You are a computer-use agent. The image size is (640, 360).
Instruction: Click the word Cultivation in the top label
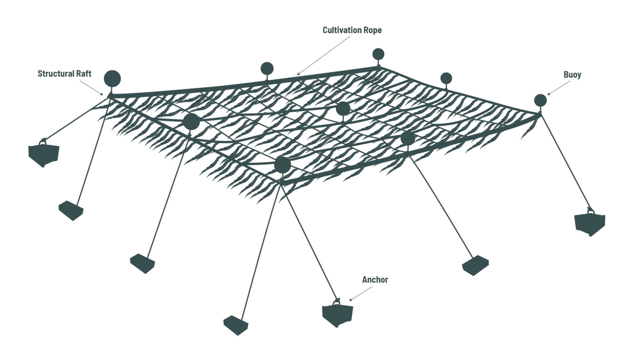[340, 30]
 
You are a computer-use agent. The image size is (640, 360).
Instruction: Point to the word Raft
[84, 74]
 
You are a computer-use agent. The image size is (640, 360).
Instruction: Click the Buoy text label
[572, 75]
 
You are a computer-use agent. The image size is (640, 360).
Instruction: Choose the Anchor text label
[375, 280]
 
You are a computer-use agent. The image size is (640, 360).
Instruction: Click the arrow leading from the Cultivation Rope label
[324, 56]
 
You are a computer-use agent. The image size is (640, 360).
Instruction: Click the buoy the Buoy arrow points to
[540, 100]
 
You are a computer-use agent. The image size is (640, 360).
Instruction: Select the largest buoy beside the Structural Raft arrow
[112, 78]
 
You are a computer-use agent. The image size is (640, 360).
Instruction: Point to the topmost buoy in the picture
[378, 54]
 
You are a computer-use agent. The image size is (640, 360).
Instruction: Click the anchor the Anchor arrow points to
[337, 315]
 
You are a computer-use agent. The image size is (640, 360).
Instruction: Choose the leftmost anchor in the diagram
[44, 154]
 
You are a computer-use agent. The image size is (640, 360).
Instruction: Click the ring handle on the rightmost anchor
[591, 211]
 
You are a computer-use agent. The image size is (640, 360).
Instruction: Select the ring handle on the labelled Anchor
[336, 302]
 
